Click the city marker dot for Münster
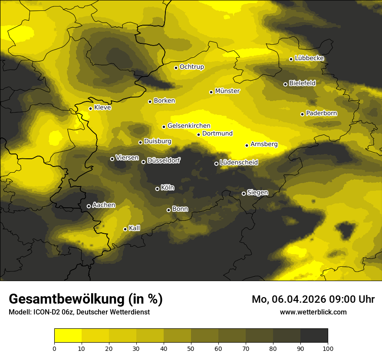211,92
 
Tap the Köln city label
168,188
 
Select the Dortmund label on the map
217,134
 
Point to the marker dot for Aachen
89,206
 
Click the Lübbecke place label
309,59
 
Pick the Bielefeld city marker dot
285,84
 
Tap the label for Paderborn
321,113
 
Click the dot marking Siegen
244,193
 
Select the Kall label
135,228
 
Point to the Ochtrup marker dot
176,68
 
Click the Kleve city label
102,108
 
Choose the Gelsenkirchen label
189,126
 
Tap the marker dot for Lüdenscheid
216,164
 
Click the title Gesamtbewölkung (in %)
86,299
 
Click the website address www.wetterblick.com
313,312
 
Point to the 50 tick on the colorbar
191,347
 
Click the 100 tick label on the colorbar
328,347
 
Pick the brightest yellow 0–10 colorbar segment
68,336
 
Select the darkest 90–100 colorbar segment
314,336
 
